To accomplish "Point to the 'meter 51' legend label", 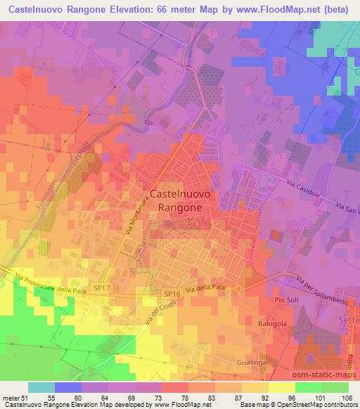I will (14, 398).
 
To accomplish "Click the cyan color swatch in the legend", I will (41, 387).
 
